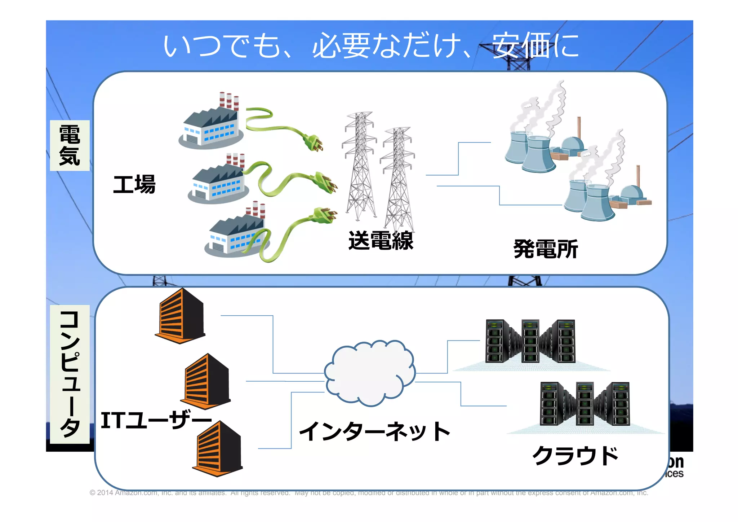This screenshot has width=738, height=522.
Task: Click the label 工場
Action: (134, 184)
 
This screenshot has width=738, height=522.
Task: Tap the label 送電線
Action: (381, 241)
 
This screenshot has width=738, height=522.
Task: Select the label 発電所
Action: (545, 249)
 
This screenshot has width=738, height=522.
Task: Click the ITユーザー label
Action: (156, 420)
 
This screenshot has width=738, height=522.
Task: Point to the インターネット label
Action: (375, 431)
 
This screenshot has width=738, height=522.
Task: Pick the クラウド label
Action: (575, 456)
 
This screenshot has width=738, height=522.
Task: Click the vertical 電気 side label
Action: (70, 145)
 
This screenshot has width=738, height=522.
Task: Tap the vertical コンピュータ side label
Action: (70, 374)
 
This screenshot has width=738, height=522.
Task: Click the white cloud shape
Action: (369, 373)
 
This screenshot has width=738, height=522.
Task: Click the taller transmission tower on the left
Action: (360, 166)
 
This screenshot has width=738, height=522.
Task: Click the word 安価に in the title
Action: (535, 45)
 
